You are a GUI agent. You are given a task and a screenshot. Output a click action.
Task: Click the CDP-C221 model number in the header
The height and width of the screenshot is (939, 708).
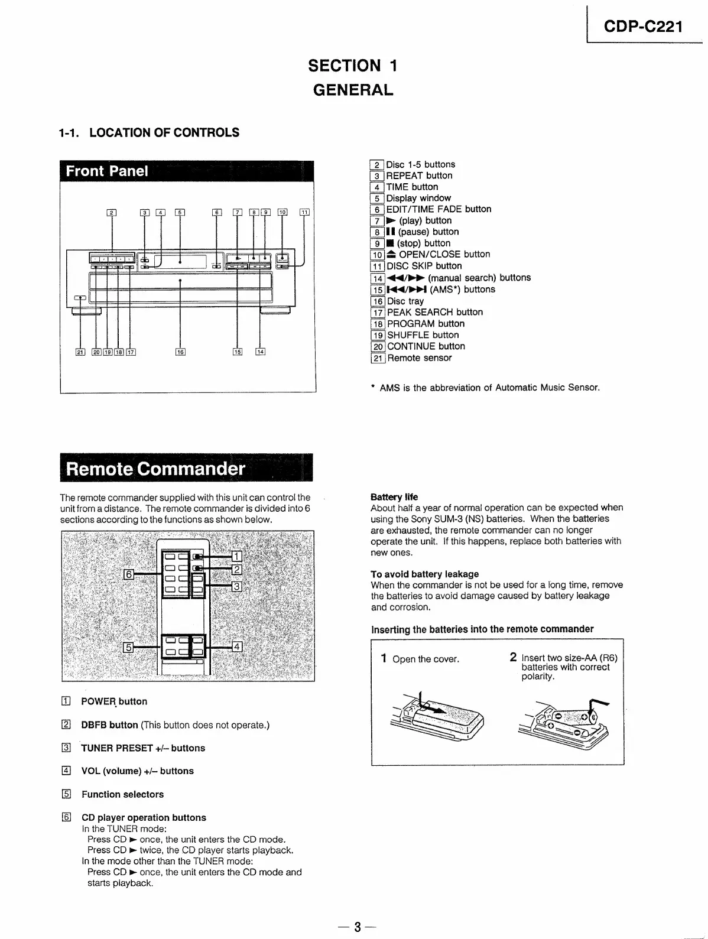point(643,27)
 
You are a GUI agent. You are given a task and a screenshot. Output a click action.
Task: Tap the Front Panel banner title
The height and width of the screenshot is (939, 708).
point(107,171)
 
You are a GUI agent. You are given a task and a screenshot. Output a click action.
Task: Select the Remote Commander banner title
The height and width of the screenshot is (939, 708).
point(155,469)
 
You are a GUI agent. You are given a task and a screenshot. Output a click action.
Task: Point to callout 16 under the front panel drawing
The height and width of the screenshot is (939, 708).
point(180,352)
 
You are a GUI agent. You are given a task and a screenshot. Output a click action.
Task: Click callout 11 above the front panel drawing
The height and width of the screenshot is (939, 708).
point(304,213)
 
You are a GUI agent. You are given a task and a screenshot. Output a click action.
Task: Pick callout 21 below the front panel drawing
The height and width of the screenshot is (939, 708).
point(80,352)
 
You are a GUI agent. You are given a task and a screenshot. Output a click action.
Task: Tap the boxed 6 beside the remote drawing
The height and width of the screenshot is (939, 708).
point(128,574)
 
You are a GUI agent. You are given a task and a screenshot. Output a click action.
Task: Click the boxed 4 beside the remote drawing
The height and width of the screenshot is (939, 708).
point(237,646)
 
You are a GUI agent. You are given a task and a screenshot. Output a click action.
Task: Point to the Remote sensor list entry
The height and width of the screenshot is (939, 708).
point(419,358)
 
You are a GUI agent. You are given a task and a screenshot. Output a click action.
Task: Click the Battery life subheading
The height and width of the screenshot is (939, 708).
point(394,497)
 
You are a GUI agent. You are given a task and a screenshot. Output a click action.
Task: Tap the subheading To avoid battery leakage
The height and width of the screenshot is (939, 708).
point(424,574)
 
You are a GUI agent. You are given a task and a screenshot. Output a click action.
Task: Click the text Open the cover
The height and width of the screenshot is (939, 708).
point(426,659)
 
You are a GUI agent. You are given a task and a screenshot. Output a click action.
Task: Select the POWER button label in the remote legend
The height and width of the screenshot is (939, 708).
point(114,701)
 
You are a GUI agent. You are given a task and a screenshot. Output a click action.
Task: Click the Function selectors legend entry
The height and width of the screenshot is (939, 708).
point(122,794)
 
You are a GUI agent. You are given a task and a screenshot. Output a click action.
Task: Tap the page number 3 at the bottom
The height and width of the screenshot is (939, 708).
point(357,926)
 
